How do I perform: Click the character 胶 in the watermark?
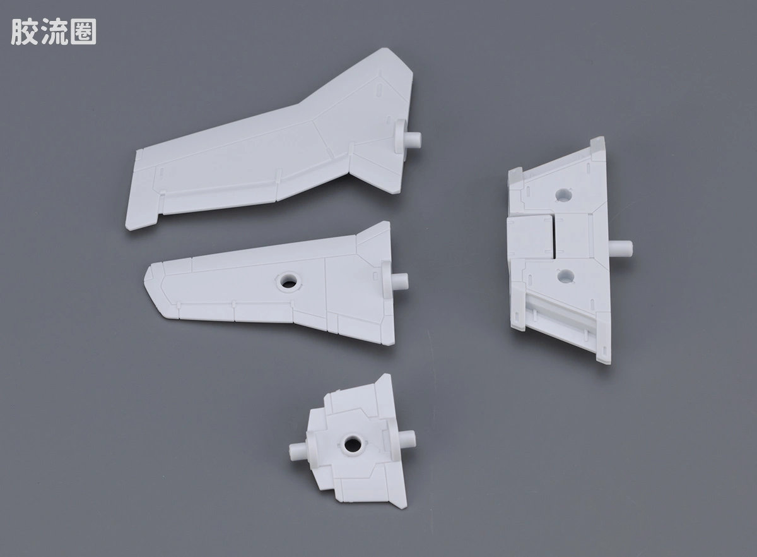pyautogui.click(x=25, y=32)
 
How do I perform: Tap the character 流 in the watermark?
pyautogui.click(x=54, y=32)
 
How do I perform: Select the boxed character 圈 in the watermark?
pyautogui.click(x=83, y=32)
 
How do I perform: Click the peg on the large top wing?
pyautogui.click(x=413, y=140)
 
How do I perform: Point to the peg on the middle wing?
pyautogui.click(x=400, y=282)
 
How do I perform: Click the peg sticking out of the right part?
pyautogui.click(x=621, y=248)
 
